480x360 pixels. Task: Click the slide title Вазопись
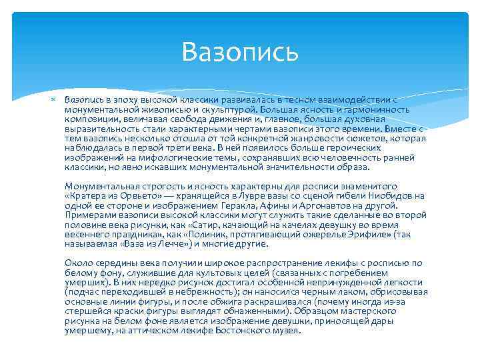[240, 52]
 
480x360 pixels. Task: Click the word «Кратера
[87, 196]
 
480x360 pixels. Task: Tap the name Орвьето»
[142, 196]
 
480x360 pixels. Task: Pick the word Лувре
[243, 196]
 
